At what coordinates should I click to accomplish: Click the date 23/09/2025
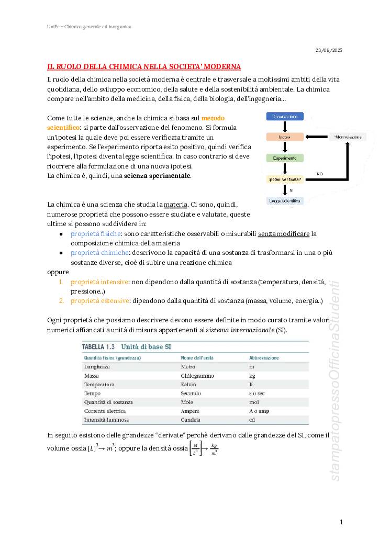329,50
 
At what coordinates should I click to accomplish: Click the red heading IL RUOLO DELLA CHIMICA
144,67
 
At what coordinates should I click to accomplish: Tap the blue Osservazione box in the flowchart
285,117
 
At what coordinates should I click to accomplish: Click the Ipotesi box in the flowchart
285,137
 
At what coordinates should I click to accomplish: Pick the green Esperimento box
285,158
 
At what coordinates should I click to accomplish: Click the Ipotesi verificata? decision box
285,179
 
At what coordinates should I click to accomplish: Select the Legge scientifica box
285,201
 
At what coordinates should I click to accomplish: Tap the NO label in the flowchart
320,173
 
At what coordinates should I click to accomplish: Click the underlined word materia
175,204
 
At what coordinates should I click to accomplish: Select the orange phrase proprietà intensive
99,282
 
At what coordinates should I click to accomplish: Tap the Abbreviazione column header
264,358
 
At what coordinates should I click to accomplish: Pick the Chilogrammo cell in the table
197,376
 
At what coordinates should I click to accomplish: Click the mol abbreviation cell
254,402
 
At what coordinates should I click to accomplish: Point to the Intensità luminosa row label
107,420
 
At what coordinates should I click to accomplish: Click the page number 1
341,522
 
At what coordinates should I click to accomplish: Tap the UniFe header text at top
89,26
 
